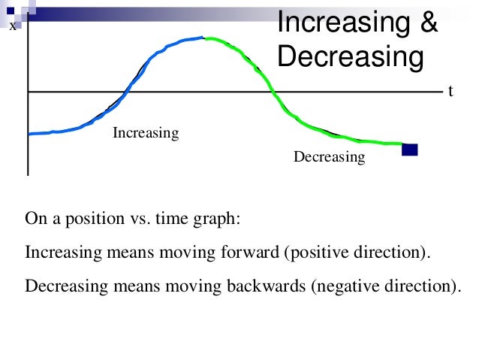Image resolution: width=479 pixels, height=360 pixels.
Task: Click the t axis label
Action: coord(451,91)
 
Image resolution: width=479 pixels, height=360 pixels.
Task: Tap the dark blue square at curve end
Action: coord(409,149)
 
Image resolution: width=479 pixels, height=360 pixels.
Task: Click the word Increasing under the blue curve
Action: coord(146,133)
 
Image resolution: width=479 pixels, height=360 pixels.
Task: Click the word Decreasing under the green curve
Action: coord(329,157)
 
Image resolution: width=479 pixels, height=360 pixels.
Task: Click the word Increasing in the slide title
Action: coord(341,23)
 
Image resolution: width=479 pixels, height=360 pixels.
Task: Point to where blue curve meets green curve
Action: coord(204,38)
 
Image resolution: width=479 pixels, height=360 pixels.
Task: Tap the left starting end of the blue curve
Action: coord(29,134)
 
